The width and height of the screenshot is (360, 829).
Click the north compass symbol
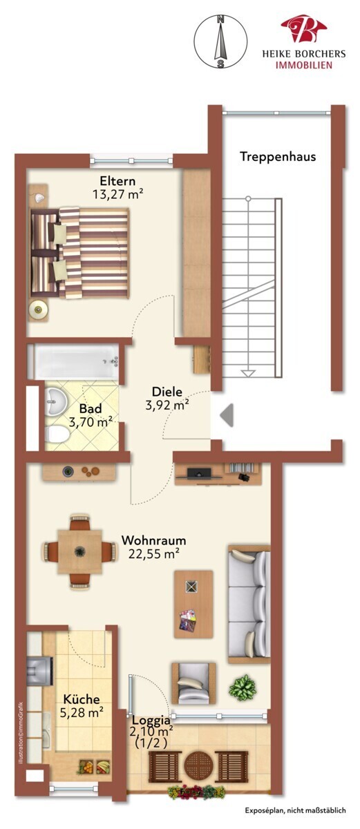221,41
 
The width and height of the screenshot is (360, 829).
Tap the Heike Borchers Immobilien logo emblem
303,28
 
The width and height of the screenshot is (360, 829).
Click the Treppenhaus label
278,157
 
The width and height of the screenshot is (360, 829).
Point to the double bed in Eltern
79,253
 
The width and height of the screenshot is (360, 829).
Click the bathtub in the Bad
77,361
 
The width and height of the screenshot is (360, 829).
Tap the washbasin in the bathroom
55,401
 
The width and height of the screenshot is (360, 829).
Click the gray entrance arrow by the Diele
227,415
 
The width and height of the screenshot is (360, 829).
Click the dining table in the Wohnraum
79,551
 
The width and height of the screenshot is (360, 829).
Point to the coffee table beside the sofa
193,604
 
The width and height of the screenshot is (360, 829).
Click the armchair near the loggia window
193,683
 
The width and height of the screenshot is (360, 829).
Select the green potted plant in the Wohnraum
243,687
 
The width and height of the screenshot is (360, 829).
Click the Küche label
82,699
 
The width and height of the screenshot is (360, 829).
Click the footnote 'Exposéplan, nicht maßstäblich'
295,810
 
